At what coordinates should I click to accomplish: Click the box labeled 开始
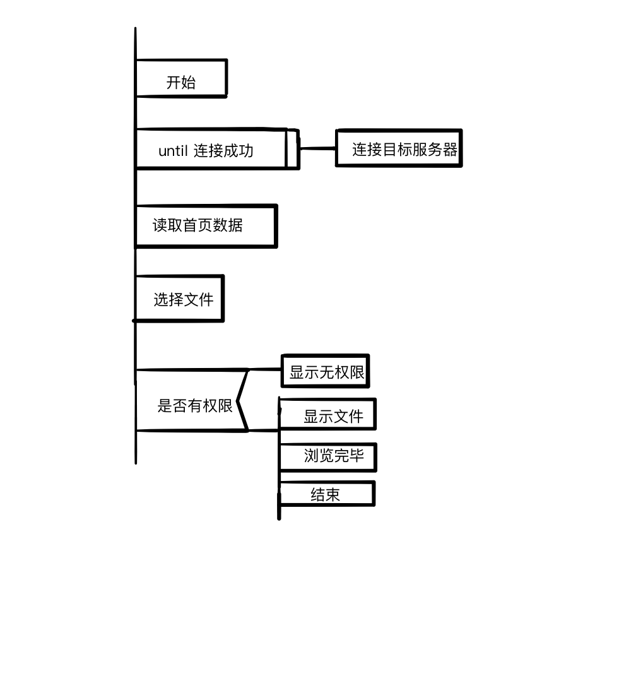click(x=181, y=79)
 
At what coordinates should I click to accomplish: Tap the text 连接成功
click(x=223, y=151)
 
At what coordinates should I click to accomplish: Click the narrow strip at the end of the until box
click(x=292, y=149)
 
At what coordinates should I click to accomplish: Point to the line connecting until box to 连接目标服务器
click(x=317, y=149)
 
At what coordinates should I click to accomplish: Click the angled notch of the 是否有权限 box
click(x=240, y=401)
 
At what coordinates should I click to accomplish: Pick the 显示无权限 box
click(x=326, y=372)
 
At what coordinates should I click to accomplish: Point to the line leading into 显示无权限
click(x=265, y=369)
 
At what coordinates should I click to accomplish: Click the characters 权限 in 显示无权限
click(x=350, y=372)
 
